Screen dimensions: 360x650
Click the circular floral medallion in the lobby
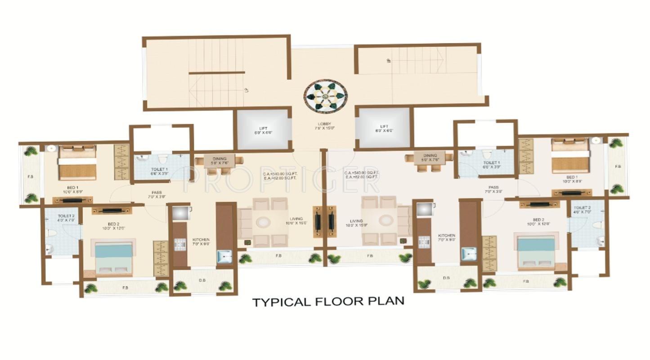point(325,95)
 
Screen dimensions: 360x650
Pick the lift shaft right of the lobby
point(384,128)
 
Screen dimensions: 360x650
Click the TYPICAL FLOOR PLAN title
point(328,301)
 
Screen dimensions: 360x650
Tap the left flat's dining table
point(220,161)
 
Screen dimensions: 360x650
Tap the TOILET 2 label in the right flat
point(582,210)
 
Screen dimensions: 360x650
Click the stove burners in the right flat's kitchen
point(424,242)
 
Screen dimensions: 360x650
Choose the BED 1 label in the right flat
point(572,180)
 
